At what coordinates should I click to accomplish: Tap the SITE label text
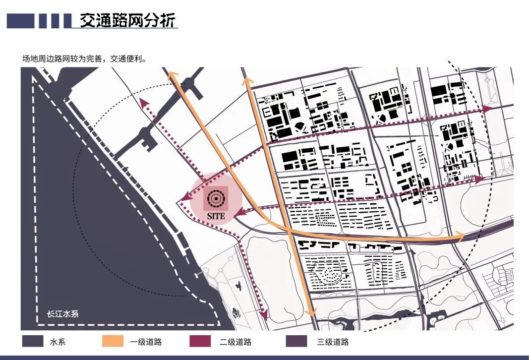tap(216, 216)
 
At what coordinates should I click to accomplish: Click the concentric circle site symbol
tap(216, 198)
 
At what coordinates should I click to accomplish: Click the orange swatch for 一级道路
tap(113, 342)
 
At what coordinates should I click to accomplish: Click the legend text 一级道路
tap(146, 342)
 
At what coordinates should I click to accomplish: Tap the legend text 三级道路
tap(333, 342)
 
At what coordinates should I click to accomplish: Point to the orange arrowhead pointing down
tap(311, 312)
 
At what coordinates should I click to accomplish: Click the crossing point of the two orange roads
tap(289, 231)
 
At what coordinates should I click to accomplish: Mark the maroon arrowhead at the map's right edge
tap(488, 108)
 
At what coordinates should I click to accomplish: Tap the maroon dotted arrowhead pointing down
tap(264, 314)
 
